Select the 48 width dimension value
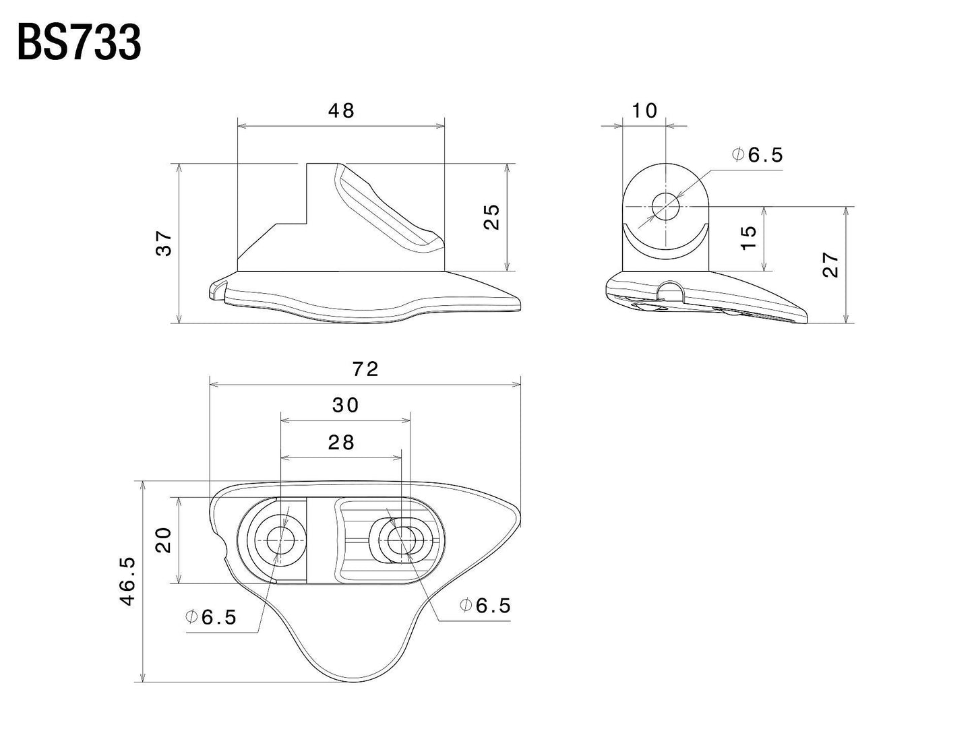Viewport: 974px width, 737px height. [341, 111]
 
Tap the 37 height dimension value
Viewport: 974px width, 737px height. [164, 243]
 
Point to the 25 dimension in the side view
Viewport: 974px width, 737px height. [493, 217]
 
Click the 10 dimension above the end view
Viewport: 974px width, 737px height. [645, 111]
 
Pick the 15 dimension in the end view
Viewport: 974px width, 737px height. [749, 238]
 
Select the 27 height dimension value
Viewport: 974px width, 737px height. [831, 264]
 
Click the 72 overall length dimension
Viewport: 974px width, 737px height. [365, 369]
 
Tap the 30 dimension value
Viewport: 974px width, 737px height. [345, 406]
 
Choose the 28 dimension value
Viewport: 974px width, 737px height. [341, 443]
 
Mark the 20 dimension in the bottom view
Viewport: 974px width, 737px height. [164, 540]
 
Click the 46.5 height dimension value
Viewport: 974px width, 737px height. [128, 581]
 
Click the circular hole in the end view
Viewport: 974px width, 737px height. [666, 207]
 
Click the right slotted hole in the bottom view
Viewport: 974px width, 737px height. [402, 540]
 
